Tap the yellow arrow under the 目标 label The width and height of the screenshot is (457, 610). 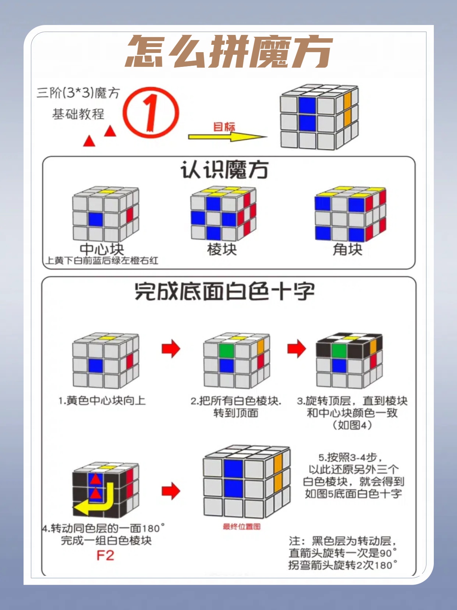(x=227, y=137)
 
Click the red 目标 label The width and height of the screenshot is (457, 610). (x=224, y=127)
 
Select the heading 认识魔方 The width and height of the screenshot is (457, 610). (x=224, y=170)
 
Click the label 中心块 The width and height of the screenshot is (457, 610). (x=102, y=249)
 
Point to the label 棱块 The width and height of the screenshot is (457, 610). (x=222, y=250)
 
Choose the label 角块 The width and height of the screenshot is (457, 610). (x=347, y=250)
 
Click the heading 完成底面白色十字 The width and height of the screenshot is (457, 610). (x=224, y=291)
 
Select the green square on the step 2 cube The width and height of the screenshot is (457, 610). (x=226, y=351)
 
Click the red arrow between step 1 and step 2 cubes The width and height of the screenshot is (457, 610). (x=171, y=348)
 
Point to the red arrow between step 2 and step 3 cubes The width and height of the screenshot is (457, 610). (x=297, y=348)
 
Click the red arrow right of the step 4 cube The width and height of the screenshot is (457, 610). (x=171, y=491)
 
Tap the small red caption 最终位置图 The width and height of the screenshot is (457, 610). (x=241, y=527)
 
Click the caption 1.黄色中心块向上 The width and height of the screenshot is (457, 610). (x=102, y=401)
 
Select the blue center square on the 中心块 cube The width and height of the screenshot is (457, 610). (x=96, y=220)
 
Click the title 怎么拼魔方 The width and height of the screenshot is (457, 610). (x=229, y=52)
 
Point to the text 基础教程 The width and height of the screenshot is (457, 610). (x=78, y=114)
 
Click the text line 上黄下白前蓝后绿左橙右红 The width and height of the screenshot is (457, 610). (x=102, y=261)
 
